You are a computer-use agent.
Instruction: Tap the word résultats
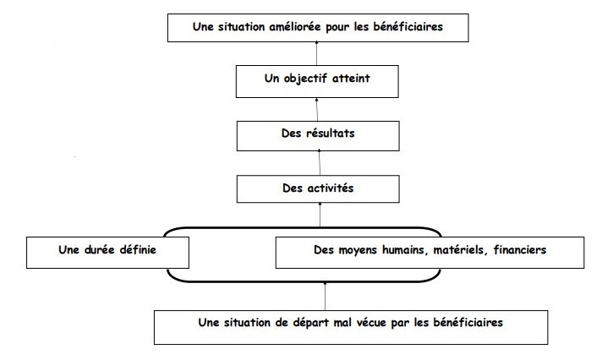click(331, 134)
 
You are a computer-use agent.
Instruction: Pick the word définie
click(138, 250)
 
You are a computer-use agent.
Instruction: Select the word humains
click(406, 250)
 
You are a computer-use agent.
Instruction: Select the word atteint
click(351, 79)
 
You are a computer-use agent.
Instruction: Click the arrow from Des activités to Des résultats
click(320, 163)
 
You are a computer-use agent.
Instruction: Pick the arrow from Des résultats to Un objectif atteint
click(317, 109)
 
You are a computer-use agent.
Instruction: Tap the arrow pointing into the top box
click(317, 53)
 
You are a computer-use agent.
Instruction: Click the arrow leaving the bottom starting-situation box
click(326, 297)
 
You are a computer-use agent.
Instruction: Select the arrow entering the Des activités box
click(320, 215)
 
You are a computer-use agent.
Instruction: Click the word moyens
click(358, 250)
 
